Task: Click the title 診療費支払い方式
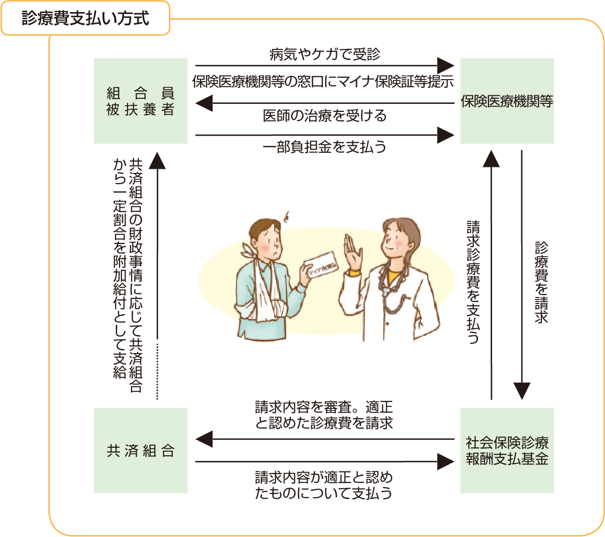(x=85, y=19)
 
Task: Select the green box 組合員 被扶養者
(x=141, y=101)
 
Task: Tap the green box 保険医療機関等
(x=507, y=101)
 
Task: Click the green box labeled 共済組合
(x=141, y=450)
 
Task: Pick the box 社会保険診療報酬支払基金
(x=507, y=450)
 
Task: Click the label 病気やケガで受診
(x=325, y=54)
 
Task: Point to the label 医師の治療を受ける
(x=325, y=115)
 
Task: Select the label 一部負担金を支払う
(x=325, y=147)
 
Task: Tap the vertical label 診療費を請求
(x=541, y=282)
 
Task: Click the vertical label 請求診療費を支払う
(x=473, y=282)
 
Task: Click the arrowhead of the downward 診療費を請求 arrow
(x=522, y=391)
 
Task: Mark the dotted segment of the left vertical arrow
(x=158, y=371)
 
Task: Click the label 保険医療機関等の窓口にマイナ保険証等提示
(x=323, y=82)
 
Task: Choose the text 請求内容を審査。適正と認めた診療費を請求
(x=324, y=414)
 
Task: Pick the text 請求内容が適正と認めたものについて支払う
(x=324, y=485)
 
